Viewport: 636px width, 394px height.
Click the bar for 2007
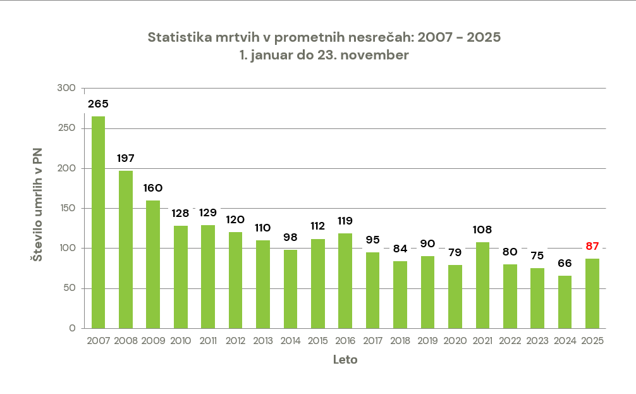click(98, 222)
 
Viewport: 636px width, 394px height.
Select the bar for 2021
click(484, 285)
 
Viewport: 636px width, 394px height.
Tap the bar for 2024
click(565, 302)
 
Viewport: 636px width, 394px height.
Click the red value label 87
click(592, 247)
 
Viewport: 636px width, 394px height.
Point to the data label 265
click(98, 104)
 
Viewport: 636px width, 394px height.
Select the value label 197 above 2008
click(126, 158)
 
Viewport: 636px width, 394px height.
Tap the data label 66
click(565, 264)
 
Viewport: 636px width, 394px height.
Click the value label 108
click(484, 230)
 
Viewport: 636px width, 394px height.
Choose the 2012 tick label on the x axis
click(236, 341)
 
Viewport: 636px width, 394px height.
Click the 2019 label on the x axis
click(429, 341)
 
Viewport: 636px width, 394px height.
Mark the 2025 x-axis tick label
click(593, 341)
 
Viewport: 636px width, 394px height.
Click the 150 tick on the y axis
click(66, 208)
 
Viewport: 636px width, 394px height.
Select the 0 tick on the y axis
click(73, 328)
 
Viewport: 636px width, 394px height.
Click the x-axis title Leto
click(345, 360)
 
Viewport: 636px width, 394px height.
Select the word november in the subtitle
click(377, 55)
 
